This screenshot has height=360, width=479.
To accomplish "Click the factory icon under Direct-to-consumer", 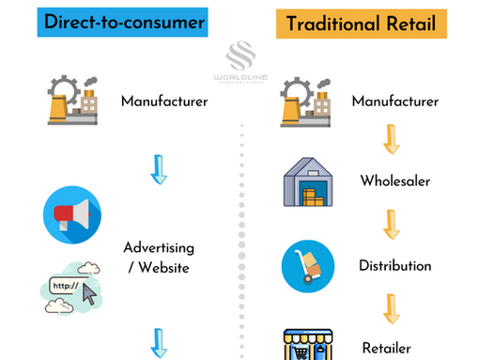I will (76, 101).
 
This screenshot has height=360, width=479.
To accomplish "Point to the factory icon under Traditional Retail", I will (310, 102).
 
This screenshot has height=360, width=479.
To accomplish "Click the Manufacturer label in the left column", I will (164, 101).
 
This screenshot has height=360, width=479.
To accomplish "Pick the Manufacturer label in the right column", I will (394, 101).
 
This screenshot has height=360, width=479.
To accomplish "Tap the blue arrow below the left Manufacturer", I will (158, 169).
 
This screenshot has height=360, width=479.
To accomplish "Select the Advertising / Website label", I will (159, 257).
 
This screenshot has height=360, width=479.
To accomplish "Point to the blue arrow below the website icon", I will (158, 343).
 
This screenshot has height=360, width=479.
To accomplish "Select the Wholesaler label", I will (395, 181).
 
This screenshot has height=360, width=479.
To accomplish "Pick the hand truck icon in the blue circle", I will (308, 266).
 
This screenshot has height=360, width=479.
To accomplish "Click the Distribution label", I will (394, 266).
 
